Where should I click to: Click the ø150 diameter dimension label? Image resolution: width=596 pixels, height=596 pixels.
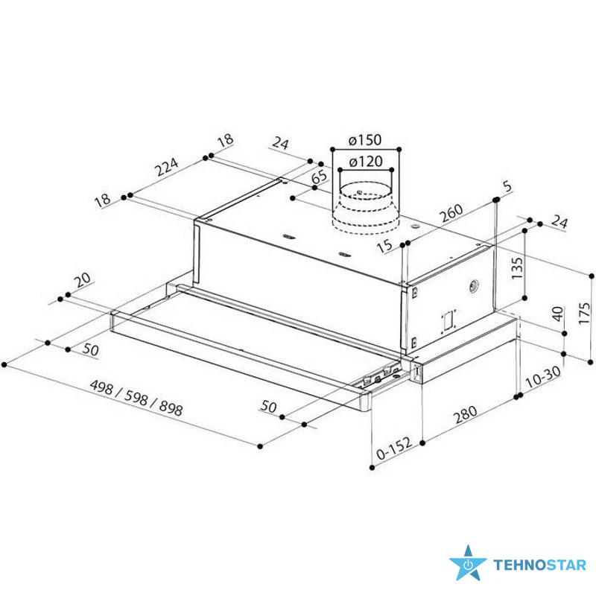tap(364, 140)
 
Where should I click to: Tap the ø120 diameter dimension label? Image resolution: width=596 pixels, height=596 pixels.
tap(365, 162)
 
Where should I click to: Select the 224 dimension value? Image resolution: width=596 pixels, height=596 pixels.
tap(168, 167)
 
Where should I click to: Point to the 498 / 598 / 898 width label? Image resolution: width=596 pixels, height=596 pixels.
tap(136, 397)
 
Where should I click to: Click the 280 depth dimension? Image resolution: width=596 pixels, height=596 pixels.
tap(466, 415)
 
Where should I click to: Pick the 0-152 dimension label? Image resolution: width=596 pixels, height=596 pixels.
tap(394, 448)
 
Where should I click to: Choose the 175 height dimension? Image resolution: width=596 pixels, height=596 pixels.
tap(584, 313)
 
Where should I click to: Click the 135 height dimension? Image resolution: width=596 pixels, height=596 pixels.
tap(517, 268)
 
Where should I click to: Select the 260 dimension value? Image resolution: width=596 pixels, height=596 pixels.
tap(451, 213)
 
